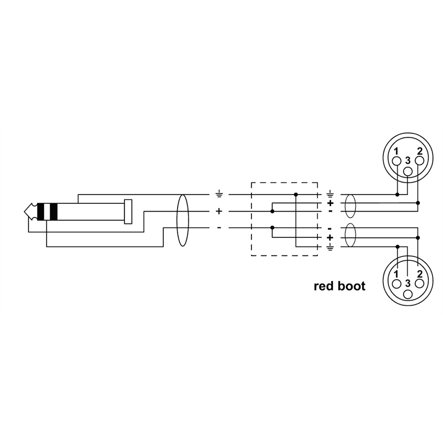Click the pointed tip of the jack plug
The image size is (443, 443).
pos(25,211)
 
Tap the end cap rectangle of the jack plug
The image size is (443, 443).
pos(128,212)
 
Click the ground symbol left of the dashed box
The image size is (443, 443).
pos(219,194)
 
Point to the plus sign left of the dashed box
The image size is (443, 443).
pos(219,211)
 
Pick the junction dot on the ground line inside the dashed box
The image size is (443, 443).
pos(296,194)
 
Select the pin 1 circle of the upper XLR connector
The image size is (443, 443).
pos(397,161)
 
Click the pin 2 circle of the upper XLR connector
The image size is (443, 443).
pos(419,161)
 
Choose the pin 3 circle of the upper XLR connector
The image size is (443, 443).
pos(408,171)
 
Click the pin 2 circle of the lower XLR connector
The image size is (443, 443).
pos(419,284)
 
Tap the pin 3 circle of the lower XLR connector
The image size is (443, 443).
pos(408,294)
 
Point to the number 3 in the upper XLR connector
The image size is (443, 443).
pos(408,160)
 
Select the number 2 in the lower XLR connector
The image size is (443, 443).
pos(419,274)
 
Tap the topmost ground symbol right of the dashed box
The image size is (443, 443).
pos(330,194)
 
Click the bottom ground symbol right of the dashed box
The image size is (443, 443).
pos(330,248)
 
